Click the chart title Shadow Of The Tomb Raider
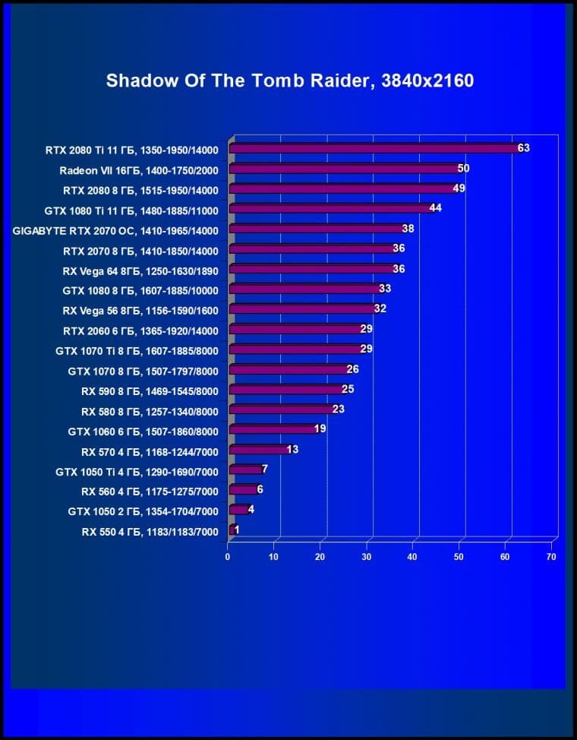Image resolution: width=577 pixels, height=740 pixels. [x=289, y=81]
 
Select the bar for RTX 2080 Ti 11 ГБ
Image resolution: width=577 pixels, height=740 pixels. [x=372, y=149]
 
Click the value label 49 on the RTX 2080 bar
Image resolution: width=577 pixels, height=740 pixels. [x=459, y=188]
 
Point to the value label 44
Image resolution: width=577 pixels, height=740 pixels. [x=435, y=208]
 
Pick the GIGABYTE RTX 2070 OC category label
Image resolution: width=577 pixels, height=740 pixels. [x=115, y=230]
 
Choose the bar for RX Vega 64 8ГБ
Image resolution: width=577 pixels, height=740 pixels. [x=311, y=269]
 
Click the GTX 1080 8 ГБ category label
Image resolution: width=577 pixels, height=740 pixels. [x=140, y=290]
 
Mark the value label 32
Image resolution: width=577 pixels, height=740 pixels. [x=380, y=308]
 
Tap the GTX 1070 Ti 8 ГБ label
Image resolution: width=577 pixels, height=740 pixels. [x=137, y=351]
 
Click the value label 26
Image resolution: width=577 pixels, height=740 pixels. [x=352, y=369]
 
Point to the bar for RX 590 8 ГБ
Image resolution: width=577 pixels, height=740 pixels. [x=285, y=390]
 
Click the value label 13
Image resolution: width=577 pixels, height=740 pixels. [x=292, y=450]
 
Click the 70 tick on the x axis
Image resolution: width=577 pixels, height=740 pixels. [x=551, y=557]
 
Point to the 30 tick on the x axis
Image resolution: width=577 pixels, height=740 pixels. [x=367, y=557]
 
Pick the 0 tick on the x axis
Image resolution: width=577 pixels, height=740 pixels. [x=228, y=557]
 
